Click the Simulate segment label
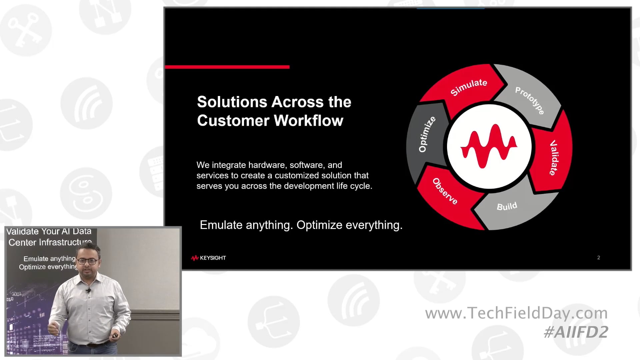pos(469,87)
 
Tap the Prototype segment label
pos(530,100)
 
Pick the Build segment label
pos(507,206)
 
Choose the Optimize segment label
pos(427,134)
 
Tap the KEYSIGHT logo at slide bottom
pos(209,258)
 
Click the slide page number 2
pos(599,257)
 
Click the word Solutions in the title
pos(227,102)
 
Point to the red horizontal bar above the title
pos(227,67)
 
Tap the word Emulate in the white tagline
pos(221,225)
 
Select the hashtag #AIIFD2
pos(576,332)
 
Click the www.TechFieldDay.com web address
pos(516,313)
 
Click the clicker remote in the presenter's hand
pos(115,336)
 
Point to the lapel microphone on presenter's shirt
pos(88,291)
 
